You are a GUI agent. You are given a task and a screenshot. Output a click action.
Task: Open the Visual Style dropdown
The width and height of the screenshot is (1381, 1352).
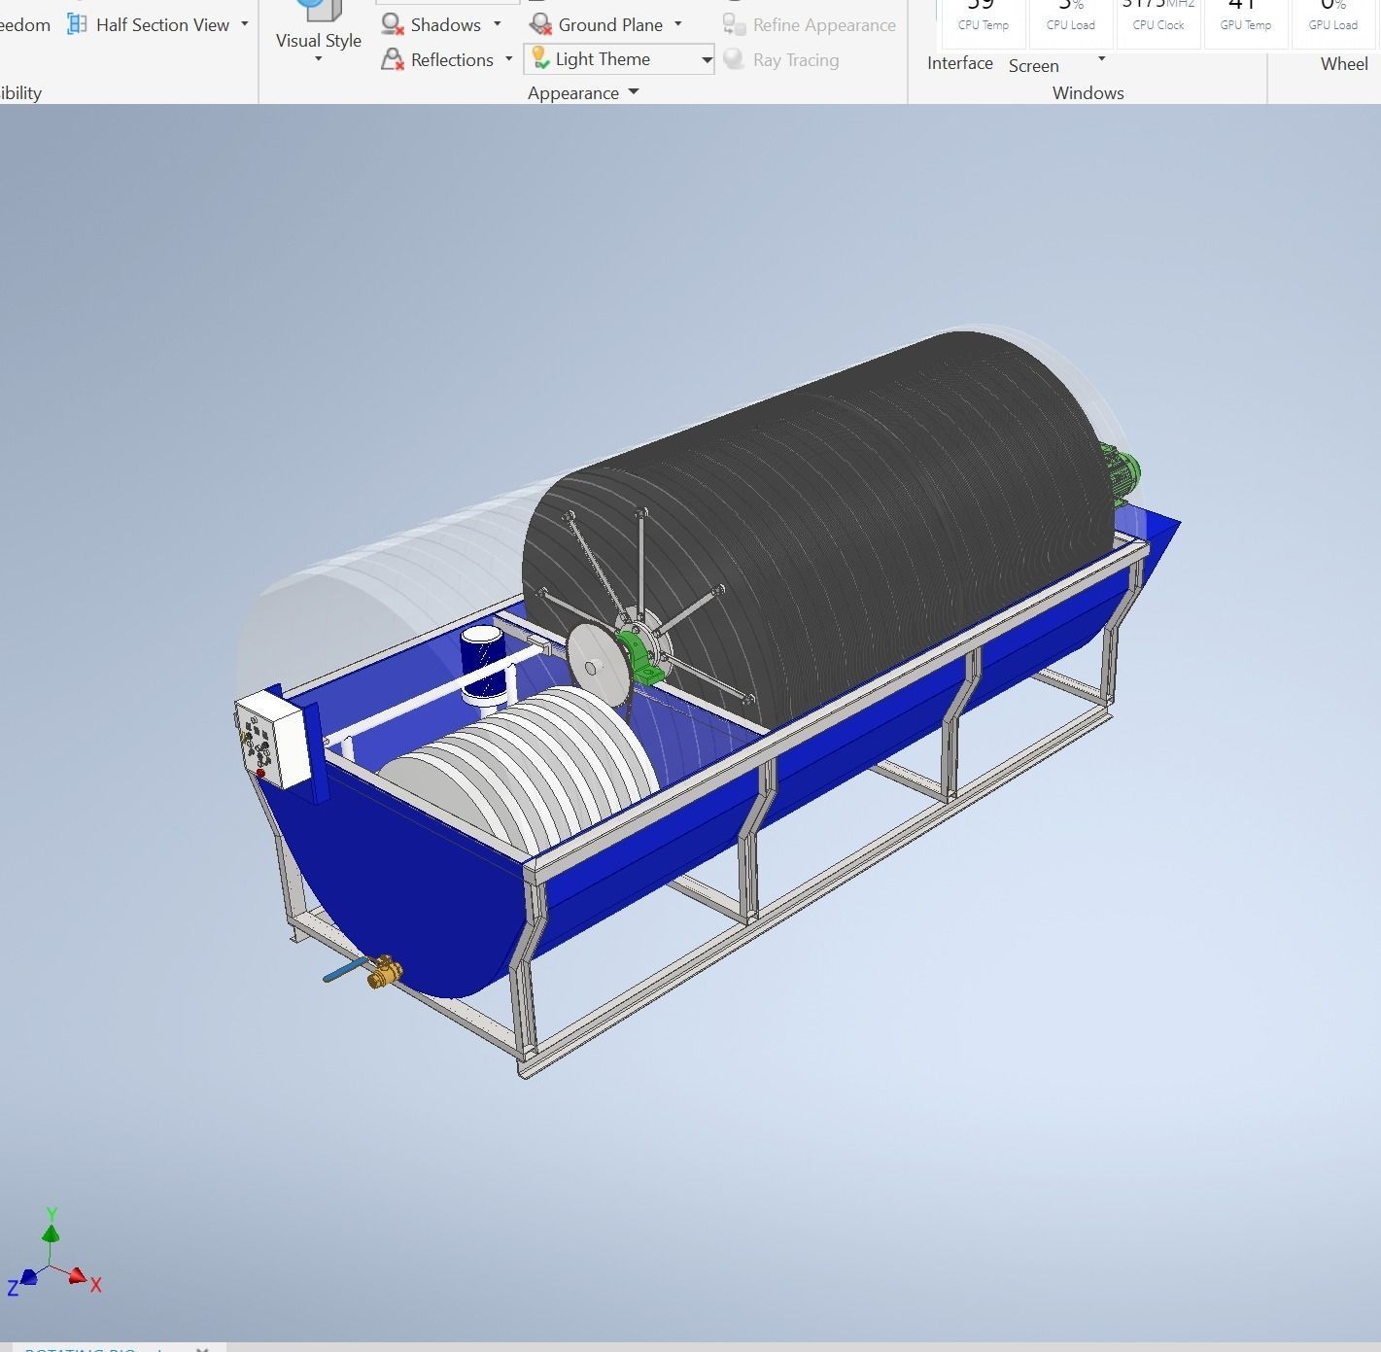click(318, 40)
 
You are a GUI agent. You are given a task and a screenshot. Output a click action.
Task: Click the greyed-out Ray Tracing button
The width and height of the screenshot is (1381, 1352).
click(794, 60)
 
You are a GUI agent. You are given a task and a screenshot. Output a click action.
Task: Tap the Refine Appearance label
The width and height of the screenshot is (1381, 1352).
click(823, 25)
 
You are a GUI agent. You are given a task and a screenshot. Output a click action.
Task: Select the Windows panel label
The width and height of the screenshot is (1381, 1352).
click(1088, 93)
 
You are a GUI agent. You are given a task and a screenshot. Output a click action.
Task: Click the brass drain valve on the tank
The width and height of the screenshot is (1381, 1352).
click(384, 971)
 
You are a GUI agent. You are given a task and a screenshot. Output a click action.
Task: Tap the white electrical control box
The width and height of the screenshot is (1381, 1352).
click(273, 739)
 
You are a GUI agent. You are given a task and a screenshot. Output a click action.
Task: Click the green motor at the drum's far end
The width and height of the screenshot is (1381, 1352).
click(1121, 474)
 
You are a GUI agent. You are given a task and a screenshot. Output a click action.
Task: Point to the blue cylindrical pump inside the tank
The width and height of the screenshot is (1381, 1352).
click(483, 660)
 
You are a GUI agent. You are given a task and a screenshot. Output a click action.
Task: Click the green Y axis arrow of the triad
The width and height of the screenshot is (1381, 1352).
click(51, 1232)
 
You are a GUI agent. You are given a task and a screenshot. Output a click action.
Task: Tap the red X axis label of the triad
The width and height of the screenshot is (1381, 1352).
click(96, 1285)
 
